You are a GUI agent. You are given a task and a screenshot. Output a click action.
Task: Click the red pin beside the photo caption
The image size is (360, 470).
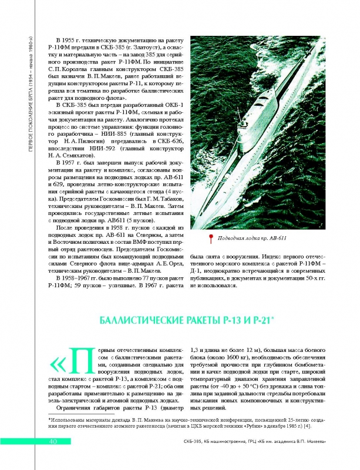point(211,239)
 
